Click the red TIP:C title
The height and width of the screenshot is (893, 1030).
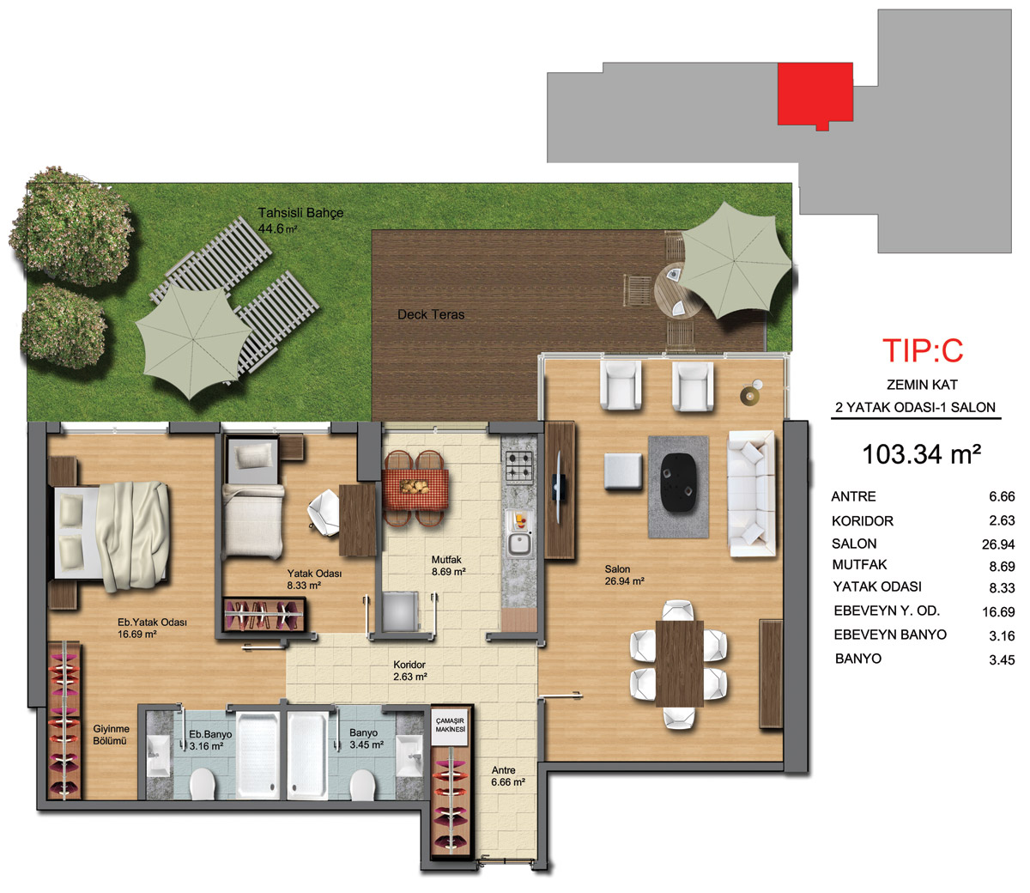click(x=923, y=350)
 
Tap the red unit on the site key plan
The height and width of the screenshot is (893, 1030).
click(x=815, y=94)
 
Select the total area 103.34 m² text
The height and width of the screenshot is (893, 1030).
click(x=921, y=455)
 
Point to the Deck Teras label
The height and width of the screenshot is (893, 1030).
click(x=431, y=314)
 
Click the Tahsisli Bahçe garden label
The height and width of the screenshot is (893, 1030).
click(x=300, y=221)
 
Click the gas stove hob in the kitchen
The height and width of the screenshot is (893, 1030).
click(x=519, y=465)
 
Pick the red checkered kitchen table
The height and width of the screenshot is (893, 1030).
click(x=415, y=488)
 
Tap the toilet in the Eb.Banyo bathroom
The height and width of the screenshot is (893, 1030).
click(x=203, y=784)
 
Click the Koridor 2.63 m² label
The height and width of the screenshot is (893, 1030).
click(x=410, y=671)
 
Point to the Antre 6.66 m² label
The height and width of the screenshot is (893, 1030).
click(x=508, y=776)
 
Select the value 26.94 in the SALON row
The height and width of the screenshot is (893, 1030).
click(x=998, y=544)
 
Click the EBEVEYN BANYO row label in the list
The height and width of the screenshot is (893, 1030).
click(x=890, y=635)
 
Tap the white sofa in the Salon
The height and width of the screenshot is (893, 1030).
click(x=751, y=493)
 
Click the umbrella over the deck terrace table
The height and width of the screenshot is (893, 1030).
click(x=736, y=260)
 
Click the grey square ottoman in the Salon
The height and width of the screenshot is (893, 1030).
click(x=623, y=471)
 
